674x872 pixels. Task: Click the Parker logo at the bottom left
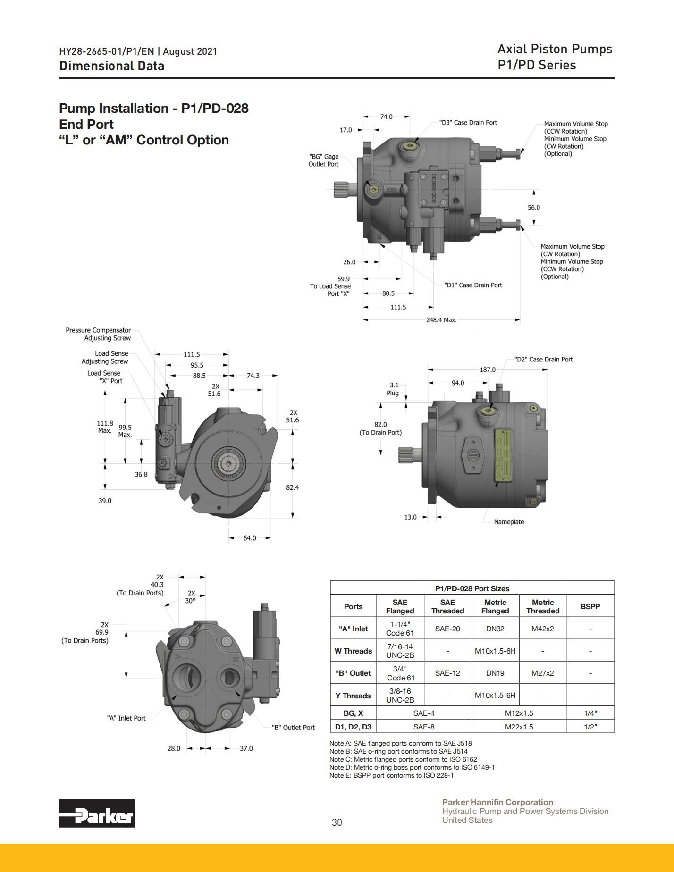(97, 813)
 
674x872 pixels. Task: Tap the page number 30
(337, 822)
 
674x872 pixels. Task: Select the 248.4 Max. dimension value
(441, 320)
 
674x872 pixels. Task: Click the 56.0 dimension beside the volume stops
(534, 207)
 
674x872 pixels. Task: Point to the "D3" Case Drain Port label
(468, 123)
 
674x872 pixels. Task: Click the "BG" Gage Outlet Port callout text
(324, 160)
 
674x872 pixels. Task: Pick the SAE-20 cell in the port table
(447, 629)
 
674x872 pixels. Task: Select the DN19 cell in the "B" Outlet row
(495, 673)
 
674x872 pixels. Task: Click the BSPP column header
(590, 606)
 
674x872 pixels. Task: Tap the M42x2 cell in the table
(543, 629)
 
